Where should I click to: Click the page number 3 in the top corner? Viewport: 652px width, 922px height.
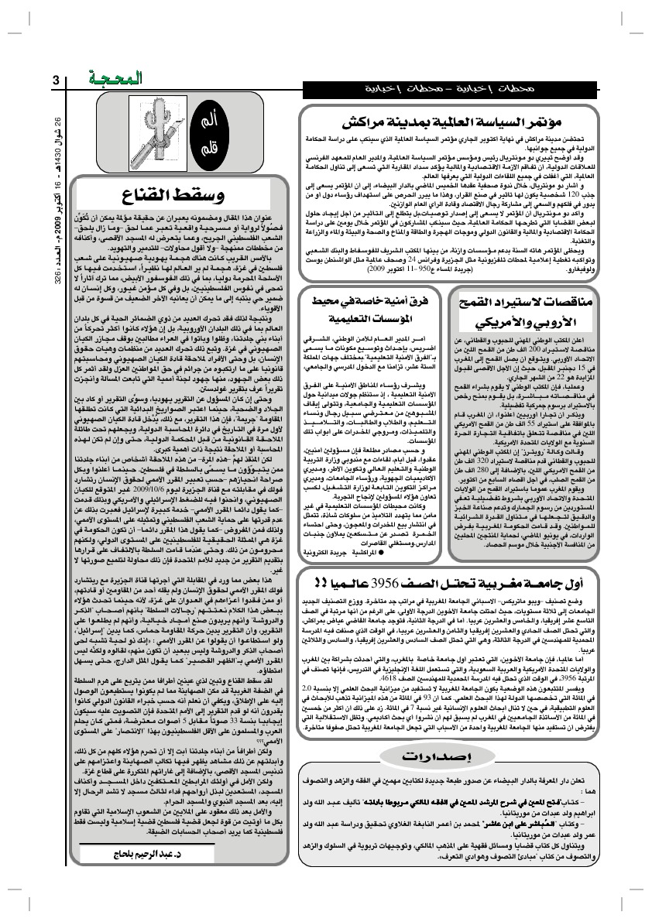pyautogui.click(x=57, y=80)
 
